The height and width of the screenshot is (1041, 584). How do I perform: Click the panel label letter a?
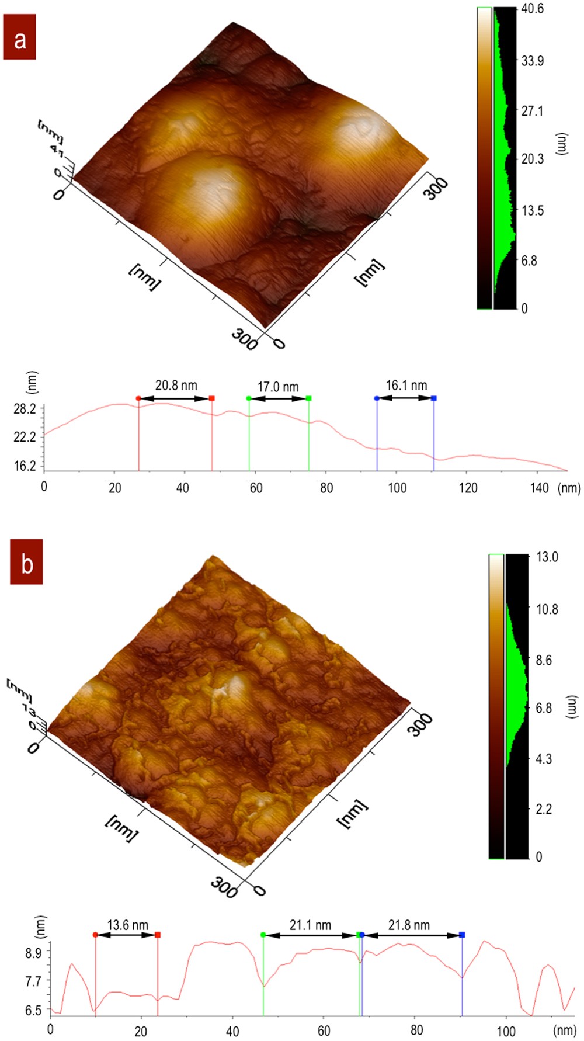pyautogui.click(x=20, y=39)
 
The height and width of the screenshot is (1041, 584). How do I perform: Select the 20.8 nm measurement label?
pyautogui.click(x=176, y=386)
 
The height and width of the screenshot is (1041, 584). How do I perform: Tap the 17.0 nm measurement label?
pyautogui.click(x=278, y=387)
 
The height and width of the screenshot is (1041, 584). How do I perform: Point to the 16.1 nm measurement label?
pyautogui.click(x=406, y=386)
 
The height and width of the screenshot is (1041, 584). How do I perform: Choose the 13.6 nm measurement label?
pyautogui.click(x=127, y=925)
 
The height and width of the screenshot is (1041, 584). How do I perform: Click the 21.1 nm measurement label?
pyautogui.click(x=310, y=925)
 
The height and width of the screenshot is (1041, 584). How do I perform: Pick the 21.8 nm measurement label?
pyautogui.click(x=409, y=925)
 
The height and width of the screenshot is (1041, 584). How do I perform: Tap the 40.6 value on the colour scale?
pyautogui.click(x=533, y=9)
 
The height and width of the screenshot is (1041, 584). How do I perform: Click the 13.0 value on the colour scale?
pyautogui.click(x=547, y=557)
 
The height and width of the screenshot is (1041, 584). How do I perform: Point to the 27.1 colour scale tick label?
pyautogui.click(x=532, y=111)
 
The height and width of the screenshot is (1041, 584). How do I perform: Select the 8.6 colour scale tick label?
pyautogui.click(x=544, y=660)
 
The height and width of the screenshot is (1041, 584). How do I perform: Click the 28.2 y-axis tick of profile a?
pyautogui.click(x=25, y=409)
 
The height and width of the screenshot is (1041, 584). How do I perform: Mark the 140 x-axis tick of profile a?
pyautogui.click(x=539, y=487)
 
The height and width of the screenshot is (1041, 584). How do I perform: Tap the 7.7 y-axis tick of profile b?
pyautogui.click(x=33, y=981)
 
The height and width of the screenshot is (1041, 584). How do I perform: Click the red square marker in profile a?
pyautogui.click(x=211, y=398)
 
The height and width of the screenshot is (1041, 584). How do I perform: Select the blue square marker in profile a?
pyautogui.click(x=433, y=398)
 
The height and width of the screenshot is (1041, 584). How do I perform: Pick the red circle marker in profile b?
pyautogui.click(x=95, y=935)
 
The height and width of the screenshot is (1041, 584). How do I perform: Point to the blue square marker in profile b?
pyautogui.click(x=462, y=935)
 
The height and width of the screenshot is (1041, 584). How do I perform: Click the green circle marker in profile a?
pyautogui.click(x=249, y=398)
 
